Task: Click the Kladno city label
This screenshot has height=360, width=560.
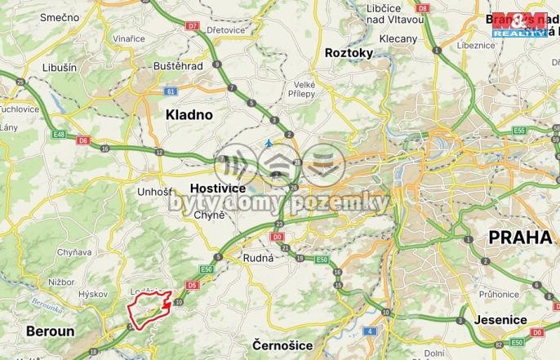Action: pos(189,115)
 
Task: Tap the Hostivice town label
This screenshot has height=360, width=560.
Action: pos(217,188)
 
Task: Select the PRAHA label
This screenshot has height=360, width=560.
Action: pos(519,238)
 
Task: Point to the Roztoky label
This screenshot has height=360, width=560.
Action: pos(349,52)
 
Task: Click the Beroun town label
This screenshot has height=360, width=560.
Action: pos(50,331)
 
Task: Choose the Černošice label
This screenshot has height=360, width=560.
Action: pos(282,345)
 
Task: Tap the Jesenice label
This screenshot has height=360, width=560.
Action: pos(499,320)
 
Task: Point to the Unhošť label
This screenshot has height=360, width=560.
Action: pos(156,192)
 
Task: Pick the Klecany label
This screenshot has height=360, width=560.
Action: pos(398,38)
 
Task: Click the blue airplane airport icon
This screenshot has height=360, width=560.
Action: pos(269,144)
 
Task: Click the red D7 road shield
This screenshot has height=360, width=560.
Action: pos(193,26)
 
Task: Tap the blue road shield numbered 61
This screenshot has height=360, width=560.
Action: pos(169,91)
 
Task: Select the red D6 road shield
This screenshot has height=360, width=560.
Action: pos(82,140)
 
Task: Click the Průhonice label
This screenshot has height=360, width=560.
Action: pos(500,294)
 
